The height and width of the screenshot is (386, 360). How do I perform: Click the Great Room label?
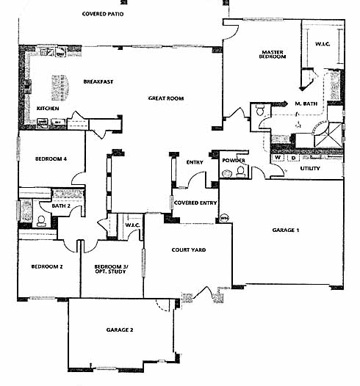[x=166, y=98]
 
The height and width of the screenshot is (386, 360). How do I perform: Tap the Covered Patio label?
[x=103, y=14]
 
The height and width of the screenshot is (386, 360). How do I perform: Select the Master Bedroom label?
[x=273, y=54]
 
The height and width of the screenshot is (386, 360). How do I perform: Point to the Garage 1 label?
[x=286, y=230]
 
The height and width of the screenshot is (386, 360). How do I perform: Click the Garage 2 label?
[x=120, y=330]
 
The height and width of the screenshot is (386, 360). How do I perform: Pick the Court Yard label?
[x=189, y=250]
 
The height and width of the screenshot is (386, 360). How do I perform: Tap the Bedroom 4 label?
[x=51, y=159]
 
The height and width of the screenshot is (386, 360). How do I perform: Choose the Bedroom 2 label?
[x=47, y=266]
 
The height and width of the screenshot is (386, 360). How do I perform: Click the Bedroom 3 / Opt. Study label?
[x=111, y=269]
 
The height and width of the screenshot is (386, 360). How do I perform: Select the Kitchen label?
[x=48, y=109]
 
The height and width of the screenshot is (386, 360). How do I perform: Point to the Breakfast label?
[x=98, y=81]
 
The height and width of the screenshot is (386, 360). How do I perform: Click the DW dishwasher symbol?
[x=60, y=54]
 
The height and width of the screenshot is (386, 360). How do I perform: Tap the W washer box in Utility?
[x=278, y=158]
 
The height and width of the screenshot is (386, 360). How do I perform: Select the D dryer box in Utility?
[x=293, y=158]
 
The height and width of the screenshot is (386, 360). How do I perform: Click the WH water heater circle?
[x=224, y=218]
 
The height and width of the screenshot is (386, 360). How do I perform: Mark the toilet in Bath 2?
[x=41, y=221]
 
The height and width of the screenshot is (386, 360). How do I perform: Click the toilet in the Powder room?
[x=240, y=172]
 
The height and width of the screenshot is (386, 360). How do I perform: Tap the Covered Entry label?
[x=195, y=203]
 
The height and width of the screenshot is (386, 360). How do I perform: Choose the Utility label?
[x=310, y=168]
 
